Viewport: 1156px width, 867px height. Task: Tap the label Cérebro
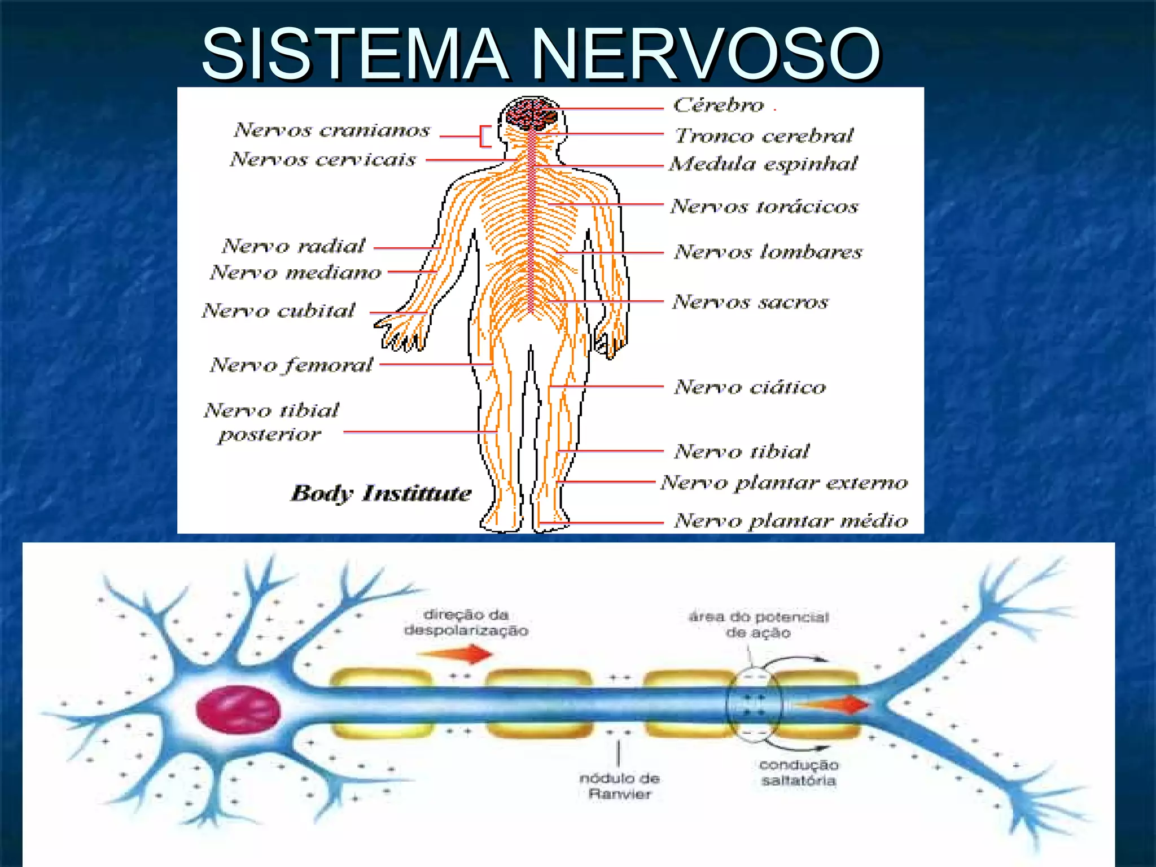coord(718,105)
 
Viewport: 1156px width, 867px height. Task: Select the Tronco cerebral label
coord(764,135)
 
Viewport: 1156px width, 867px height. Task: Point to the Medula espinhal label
coord(763,164)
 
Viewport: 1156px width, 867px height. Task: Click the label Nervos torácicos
coord(764,207)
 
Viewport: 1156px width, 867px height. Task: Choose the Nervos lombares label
coord(768,252)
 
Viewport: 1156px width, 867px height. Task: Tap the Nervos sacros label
coord(750,302)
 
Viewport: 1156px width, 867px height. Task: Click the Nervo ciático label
coord(750,387)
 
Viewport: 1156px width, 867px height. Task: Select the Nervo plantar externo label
coord(785,483)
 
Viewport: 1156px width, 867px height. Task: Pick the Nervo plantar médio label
coord(791,521)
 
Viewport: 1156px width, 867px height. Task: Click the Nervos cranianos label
coord(332,130)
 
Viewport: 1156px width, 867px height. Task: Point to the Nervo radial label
coord(294,246)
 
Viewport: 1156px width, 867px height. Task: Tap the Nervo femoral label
coord(291,365)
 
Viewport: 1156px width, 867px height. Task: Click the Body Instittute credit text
coord(381,493)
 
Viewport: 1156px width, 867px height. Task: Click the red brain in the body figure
coord(531,113)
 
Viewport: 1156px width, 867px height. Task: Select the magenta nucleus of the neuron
coord(238,709)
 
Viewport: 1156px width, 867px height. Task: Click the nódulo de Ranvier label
coord(619,786)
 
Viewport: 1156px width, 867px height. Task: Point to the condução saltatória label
coord(798,773)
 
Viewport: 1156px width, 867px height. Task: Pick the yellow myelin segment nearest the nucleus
coord(381,704)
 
